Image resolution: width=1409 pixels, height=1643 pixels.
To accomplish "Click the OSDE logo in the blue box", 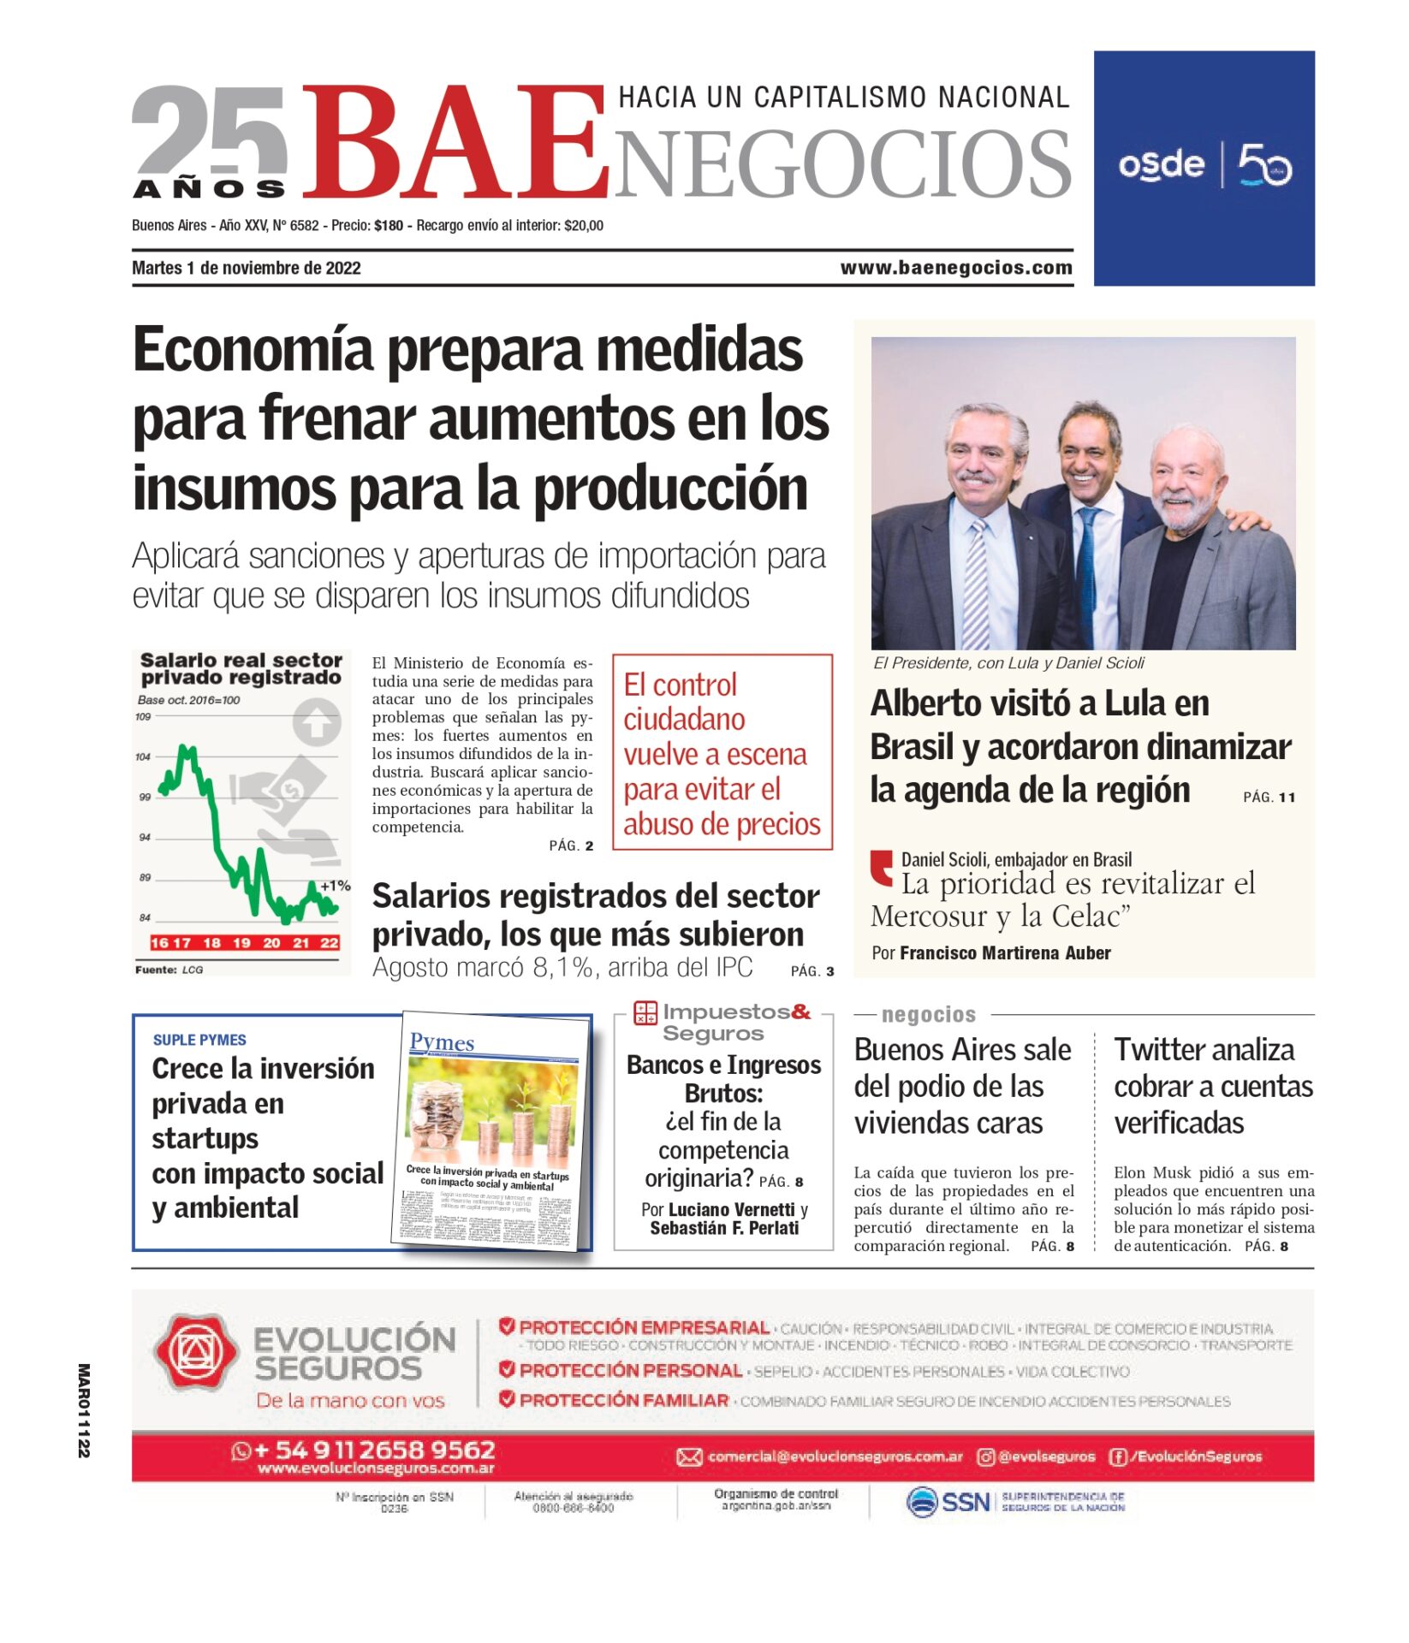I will pos(1162,164).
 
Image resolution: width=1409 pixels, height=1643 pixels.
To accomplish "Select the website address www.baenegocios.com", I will pos(956,268).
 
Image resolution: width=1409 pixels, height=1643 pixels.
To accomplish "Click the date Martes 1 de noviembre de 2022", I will pos(247,268).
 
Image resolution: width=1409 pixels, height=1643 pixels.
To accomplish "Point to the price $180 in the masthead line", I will pos(389,226).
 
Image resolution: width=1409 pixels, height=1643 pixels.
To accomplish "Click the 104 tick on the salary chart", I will pos(143,756).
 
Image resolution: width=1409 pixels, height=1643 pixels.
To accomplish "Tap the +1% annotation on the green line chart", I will pos(335,886).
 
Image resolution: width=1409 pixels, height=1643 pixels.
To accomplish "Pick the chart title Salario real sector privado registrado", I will pos(241,668).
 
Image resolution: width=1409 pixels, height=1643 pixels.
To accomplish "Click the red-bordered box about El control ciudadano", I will pos(722,752).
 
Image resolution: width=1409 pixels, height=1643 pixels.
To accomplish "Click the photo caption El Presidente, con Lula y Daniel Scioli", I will pos(1008,663).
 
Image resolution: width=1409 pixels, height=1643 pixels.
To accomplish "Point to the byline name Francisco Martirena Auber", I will pos(1005,953).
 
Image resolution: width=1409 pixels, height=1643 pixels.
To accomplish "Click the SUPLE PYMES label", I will pos(199,1040).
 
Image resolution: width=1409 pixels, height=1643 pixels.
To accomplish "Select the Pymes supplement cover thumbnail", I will pos(491,1133).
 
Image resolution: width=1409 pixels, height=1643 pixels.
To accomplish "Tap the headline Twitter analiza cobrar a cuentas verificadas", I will pos(1213,1086).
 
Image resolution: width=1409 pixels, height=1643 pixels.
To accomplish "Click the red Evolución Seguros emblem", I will pos(194,1351).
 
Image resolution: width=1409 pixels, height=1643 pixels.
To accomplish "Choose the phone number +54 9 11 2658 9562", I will pos(375,1450).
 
